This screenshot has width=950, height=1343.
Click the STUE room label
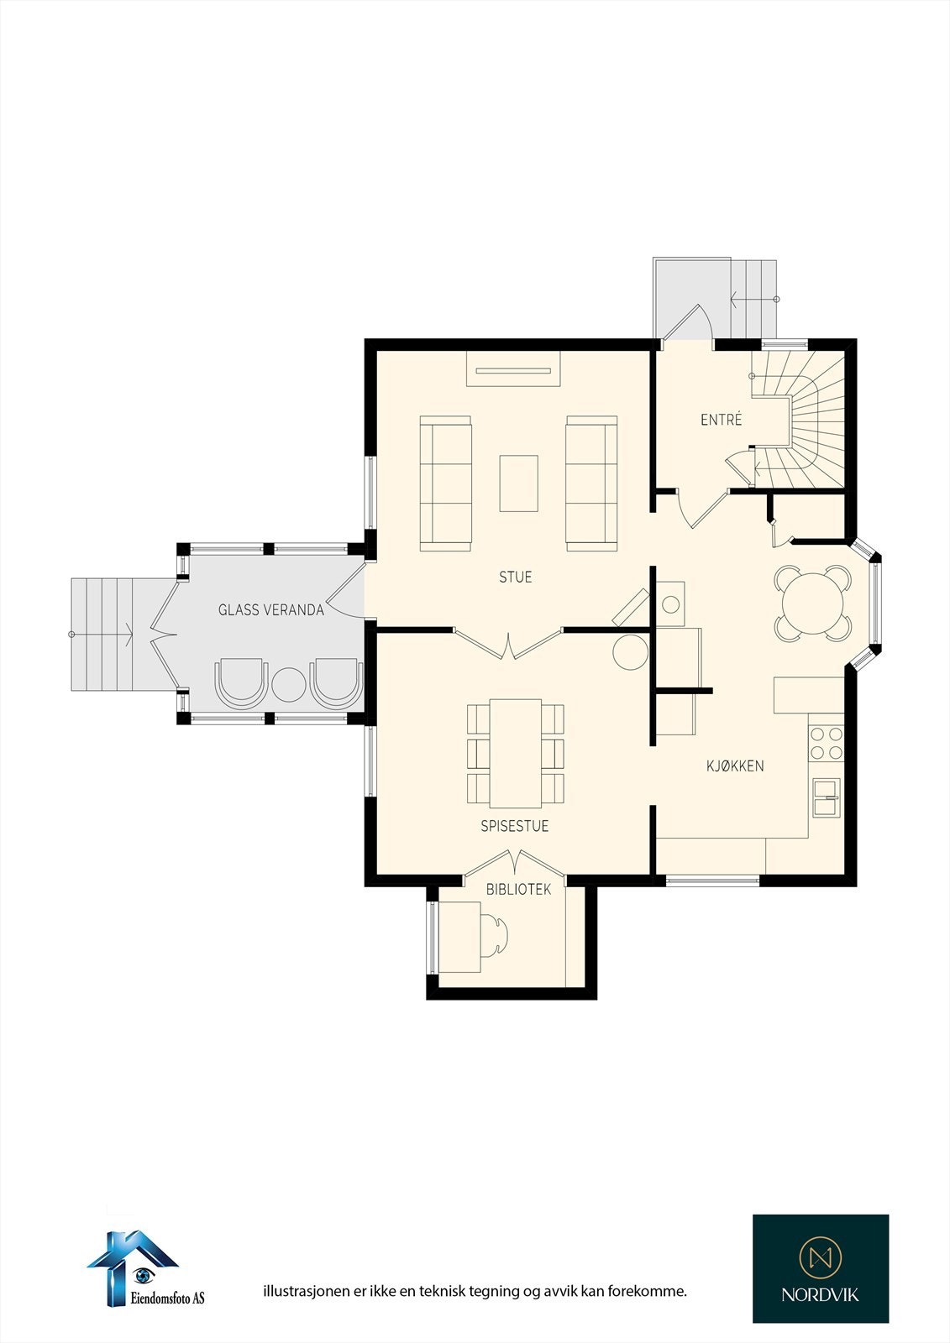click(x=515, y=577)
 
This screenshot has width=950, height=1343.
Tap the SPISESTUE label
click(x=514, y=826)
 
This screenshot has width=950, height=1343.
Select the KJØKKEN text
click(x=735, y=766)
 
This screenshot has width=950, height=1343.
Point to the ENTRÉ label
click(x=721, y=420)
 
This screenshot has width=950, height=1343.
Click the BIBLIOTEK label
click(x=518, y=889)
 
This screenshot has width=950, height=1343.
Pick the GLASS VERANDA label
click(x=270, y=610)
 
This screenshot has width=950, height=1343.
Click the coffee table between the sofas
click(x=518, y=483)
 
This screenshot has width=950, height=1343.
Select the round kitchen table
click(x=813, y=603)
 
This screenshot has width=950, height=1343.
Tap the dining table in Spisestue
click(x=516, y=752)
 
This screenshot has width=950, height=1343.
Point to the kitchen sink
click(x=826, y=797)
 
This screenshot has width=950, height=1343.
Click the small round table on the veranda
click(x=288, y=685)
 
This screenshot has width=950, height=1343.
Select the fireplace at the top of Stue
click(x=513, y=368)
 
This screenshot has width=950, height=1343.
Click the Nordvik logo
click(x=820, y=1267)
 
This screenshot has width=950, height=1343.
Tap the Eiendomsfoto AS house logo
click(x=134, y=1263)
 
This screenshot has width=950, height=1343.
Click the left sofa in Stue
click(x=445, y=483)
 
